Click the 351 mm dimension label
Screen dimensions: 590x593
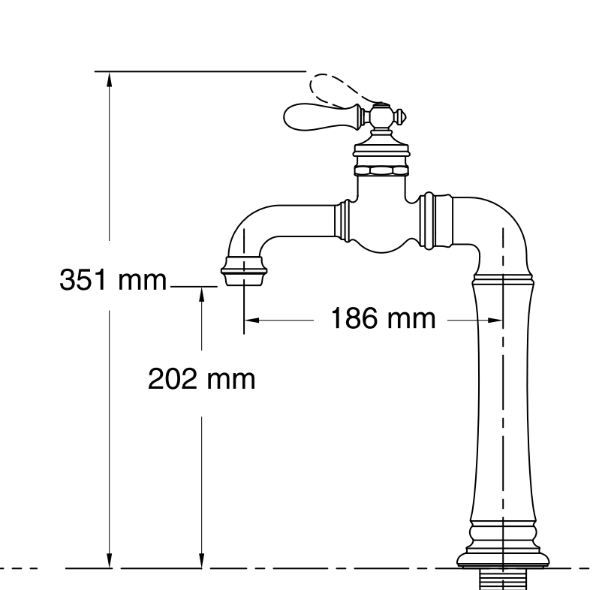pyautogui.click(x=113, y=281)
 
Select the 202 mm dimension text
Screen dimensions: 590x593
pyautogui.click(x=201, y=379)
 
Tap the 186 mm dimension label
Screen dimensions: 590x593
pyautogui.click(x=383, y=319)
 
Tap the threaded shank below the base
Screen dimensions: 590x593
pyautogui.click(x=504, y=579)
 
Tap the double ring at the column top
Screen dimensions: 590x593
pyautogui.click(x=503, y=281)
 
